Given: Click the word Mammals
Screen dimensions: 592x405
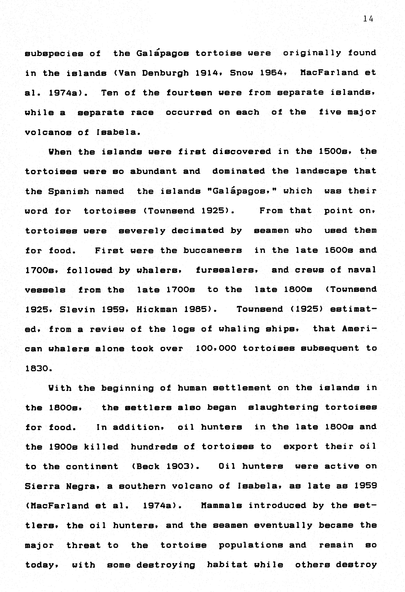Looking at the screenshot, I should coord(221,506).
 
